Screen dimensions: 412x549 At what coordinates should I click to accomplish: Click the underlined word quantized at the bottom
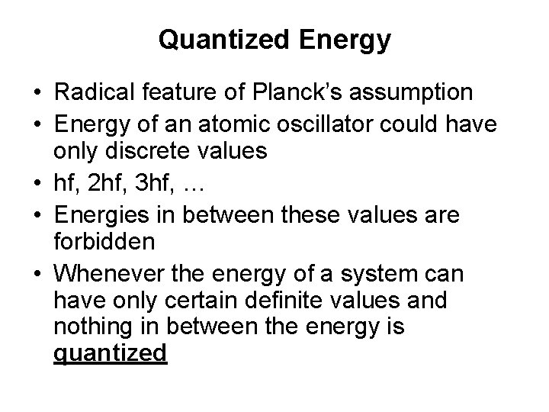click(111, 354)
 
